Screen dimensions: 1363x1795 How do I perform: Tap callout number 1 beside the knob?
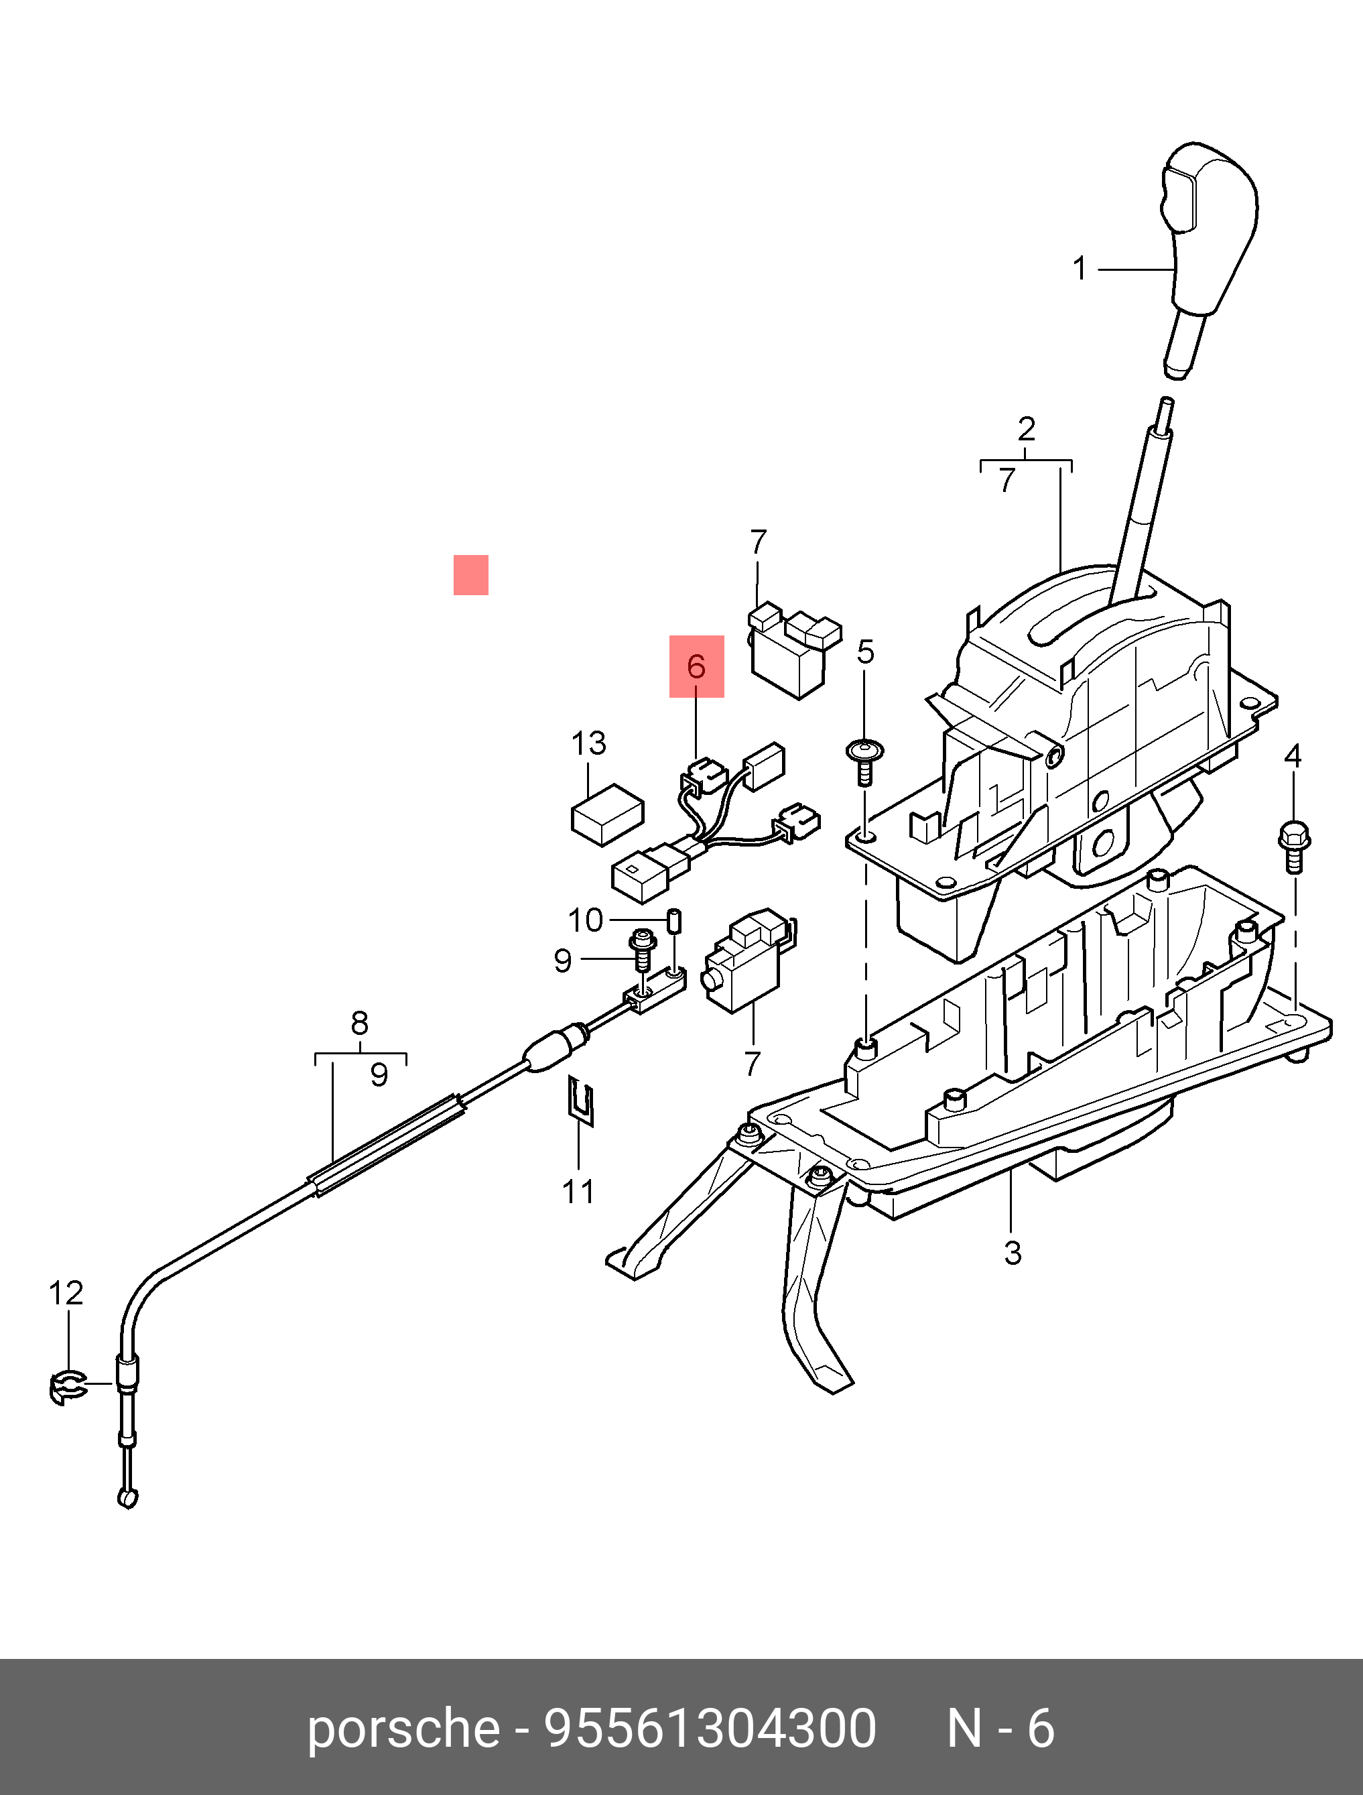1079,269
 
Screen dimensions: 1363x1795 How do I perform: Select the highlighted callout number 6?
696,667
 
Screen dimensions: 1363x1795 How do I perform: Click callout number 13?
589,743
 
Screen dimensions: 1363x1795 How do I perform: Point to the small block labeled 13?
608,815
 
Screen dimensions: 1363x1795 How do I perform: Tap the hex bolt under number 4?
1293,847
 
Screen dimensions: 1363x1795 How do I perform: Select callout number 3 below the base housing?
1013,1252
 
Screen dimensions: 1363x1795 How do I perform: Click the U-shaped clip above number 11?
581,1101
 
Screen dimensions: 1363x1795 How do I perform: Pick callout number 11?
578,1191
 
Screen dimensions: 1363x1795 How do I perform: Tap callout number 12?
66,1294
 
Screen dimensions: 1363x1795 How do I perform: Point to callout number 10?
585,920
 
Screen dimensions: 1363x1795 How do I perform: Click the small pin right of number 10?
673,922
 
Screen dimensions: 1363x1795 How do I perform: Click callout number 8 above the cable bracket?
359,1024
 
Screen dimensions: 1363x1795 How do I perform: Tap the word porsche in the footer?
403,1728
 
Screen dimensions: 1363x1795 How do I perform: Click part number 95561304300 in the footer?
710,1728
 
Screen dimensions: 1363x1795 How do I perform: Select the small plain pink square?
470,574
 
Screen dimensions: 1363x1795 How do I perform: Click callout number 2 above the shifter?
1027,428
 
